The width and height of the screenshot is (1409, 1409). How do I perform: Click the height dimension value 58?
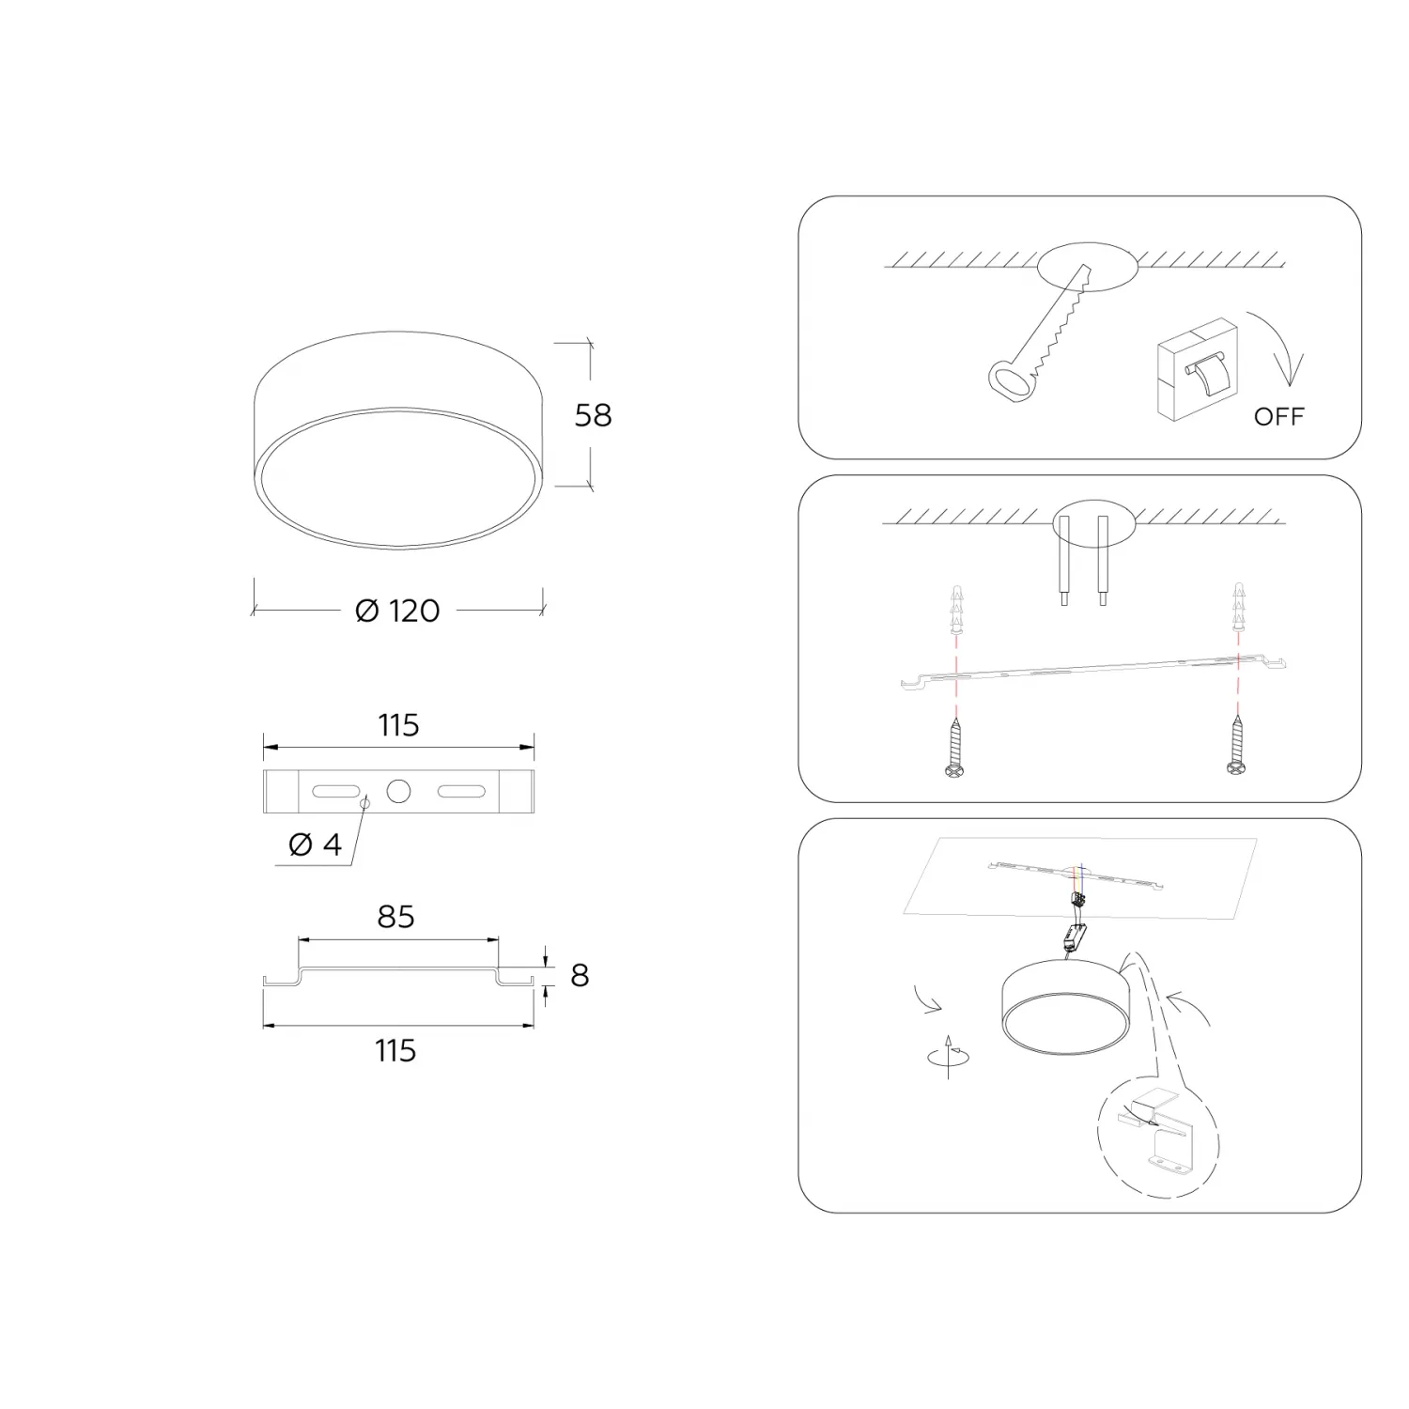(593, 415)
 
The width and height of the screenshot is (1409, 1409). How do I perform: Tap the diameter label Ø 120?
(397, 612)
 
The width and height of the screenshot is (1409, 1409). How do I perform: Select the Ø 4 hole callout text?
(315, 844)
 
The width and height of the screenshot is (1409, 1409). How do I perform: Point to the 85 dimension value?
(395, 917)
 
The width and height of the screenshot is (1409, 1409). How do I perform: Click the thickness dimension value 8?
(580, 976)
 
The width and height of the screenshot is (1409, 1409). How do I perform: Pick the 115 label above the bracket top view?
(398, 725)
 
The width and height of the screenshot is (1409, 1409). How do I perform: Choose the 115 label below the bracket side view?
(395, 1050)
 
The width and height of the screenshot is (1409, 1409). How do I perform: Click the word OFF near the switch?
(1279, 416)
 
